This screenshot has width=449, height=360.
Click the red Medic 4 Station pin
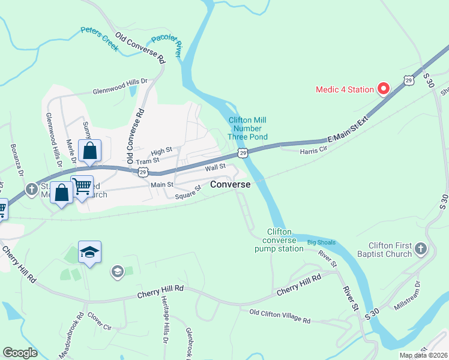[x=383, y=89]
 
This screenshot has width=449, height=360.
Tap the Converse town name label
[x=230, y=185]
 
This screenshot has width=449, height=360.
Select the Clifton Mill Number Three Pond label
[x=247, y=128]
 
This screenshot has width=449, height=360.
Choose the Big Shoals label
[x=321, y=242]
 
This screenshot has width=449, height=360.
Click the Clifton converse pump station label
[x=279, y=240]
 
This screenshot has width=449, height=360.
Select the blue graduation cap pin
[x=89, y=253]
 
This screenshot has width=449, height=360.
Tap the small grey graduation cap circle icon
[x=116, y=273]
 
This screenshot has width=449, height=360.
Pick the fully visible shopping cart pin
[x=82, y=186]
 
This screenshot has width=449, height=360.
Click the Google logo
[x=20, y=353]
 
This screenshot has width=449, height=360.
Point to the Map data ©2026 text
[x=423, y=355]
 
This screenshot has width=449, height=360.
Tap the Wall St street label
[x=214, y=167]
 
